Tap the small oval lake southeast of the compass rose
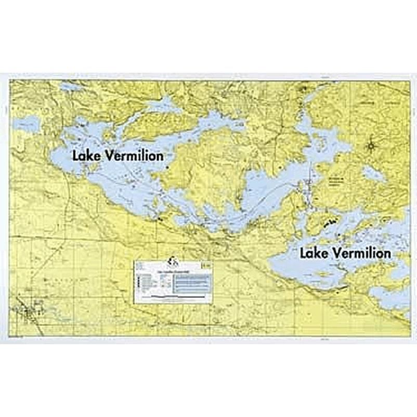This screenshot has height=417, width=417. coord(374,174)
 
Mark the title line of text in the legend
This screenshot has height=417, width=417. coord(172,271)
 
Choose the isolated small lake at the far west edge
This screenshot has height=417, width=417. coord(27,123)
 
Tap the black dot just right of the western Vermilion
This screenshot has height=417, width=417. coord(167,168)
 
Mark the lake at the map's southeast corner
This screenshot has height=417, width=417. coord(390,296)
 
